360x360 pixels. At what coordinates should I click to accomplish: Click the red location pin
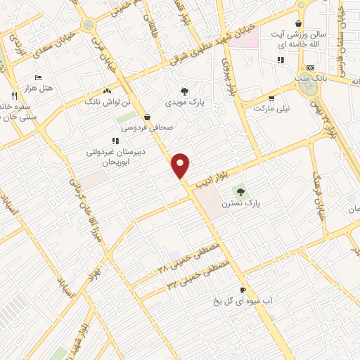[x=181, y=165]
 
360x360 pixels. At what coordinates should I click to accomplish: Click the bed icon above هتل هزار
[x=38, y=77]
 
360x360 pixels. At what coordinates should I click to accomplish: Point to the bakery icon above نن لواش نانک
[x=107, y=91]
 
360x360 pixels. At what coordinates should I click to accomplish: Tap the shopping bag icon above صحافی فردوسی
[x=148, y=117]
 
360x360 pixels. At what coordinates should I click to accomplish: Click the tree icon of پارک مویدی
[x=184, y=91]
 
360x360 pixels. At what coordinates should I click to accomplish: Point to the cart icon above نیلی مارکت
[x=271, y=98]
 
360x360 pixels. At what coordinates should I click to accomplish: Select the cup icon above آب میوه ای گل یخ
[x=243, y=290]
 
